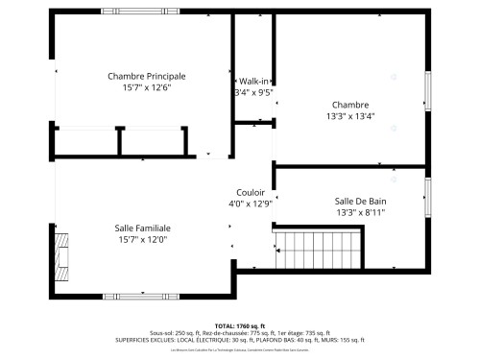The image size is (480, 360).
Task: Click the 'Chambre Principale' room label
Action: click(x=146, y=76)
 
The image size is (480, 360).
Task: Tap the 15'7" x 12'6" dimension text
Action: click(x=146, y=87)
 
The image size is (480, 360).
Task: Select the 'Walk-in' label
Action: click(x=253, y=82)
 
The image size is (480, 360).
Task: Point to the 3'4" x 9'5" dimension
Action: click(x=253, y=93)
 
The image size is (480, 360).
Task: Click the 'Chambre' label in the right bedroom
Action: click(x=350, y=104)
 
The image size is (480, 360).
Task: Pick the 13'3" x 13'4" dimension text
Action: click(x=350, y=115)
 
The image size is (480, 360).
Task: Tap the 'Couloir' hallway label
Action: click(x=251, y=192)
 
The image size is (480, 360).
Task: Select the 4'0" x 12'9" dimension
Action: click(x=251, y=204)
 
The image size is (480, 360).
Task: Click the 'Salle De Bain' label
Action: click(x=367, y=201)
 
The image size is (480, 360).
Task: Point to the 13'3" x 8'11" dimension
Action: click(x=367, y=212)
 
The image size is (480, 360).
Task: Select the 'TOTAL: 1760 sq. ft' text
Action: click(x=240, y=324)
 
